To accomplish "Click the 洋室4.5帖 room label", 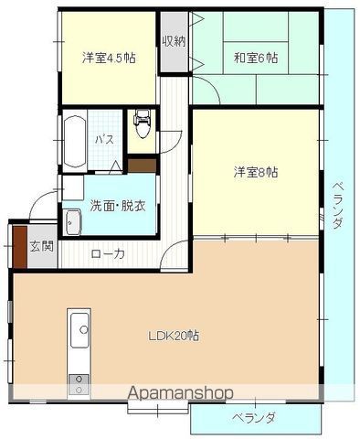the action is click(x=109, y=58).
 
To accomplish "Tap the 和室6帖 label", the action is click(x=256, y=58).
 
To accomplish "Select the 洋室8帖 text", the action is click(x=256, y=173).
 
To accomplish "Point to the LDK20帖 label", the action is click(x=174, y=336).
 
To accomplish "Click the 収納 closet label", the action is click(x=174, y=41).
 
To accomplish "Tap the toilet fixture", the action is click(x=142, y=123).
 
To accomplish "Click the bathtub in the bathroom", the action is click(x=75, y=142).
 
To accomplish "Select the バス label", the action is click(x=104, y=140).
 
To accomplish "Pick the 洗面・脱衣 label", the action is click(x=118, y=207).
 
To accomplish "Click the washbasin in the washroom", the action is click(x=74, y=222).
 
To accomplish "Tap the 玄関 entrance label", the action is click(x=42, y=246).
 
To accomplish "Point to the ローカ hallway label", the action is click(x=108, y=253).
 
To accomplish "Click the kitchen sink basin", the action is click(x=79, y=330).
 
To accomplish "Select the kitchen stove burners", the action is click(x=79, y=384).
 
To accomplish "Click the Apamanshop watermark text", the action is click(x=180, y=393).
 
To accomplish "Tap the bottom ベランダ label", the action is click(x=254, y=417).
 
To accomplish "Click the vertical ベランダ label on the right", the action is click(x=337, y=206).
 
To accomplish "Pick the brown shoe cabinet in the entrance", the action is click(x=20, y=247).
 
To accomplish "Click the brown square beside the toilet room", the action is click(x=142, y=165).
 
